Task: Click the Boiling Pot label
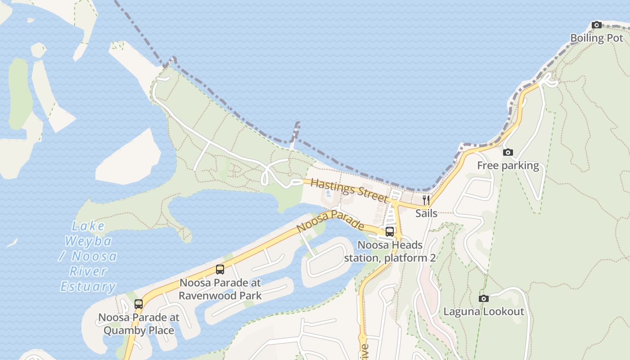[x=596, y=38]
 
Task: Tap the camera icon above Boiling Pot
[x=597, y=25]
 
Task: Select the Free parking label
[x=508, y=166]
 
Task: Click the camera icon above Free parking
[x=508, y=153]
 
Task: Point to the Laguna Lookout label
[x=484, y=311]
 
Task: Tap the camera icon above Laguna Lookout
[x=484, y=298]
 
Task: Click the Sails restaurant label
[x=426, y=213]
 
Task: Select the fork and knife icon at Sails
[x=426, y=200]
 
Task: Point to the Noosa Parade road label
[x=330, y=220]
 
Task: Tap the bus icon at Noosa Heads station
[x=390, y=232]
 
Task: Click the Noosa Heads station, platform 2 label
[x=390, y=252]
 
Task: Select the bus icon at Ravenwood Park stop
[x=220, y=270]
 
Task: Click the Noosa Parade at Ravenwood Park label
[x=220, y=289]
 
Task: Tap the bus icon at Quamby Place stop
[x=139, y=304]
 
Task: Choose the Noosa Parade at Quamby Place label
[x=139, y=324]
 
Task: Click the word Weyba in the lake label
[x=88, y=241]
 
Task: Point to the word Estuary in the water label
[x=88, y=286]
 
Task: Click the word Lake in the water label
[x=88, y=226]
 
